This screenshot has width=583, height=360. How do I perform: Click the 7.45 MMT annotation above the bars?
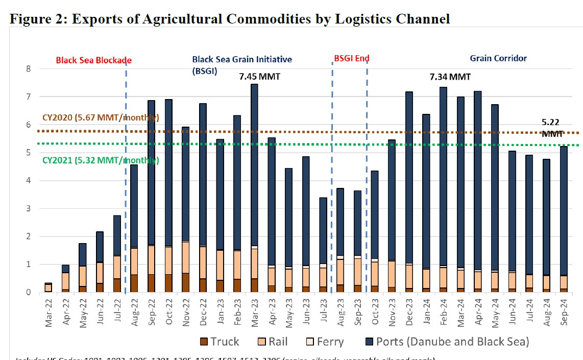tap(260, 77)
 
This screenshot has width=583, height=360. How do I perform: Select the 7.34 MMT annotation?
tap(449, 77)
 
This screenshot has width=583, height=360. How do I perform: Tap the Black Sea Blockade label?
tap(94, 60)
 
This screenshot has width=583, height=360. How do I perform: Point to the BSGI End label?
tap(352, 59)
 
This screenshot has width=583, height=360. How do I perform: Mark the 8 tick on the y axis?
tap(29, 69)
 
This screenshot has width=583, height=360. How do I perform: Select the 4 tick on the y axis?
tap(29, 181)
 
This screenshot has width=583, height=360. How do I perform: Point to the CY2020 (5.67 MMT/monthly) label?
tap(101, 118)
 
